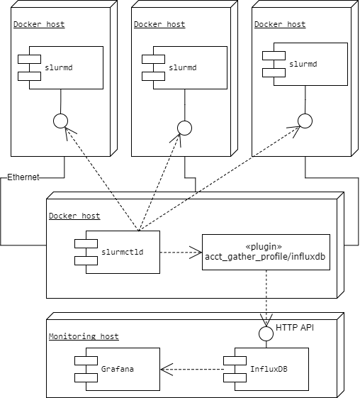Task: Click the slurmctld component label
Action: click(123, 252)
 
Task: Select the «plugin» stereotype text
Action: click(264, 246)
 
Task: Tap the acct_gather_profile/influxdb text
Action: click(265, 257)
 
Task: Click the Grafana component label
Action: click(118, 369)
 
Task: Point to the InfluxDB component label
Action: click(269, 369)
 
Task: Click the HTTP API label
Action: click(295, 328)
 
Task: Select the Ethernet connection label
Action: click(23, 177)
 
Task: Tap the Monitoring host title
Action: click(84, 336)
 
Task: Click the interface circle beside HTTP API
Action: click(266, 333)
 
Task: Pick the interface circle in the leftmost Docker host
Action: click(61, 121)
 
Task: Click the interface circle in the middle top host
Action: click(184, 128)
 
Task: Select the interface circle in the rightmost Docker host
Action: click(305, 121)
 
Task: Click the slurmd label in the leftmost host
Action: click(59, 67)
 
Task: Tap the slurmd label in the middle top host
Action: click(183, 67)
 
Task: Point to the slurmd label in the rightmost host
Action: click(303, 64)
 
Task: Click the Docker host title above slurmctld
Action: click(74, 216)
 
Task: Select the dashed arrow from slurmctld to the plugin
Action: click(181, 253)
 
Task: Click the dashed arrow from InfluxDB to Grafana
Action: click(192, 369)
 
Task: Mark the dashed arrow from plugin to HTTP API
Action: click(266, 298)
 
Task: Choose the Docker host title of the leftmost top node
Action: click(39, 24)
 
